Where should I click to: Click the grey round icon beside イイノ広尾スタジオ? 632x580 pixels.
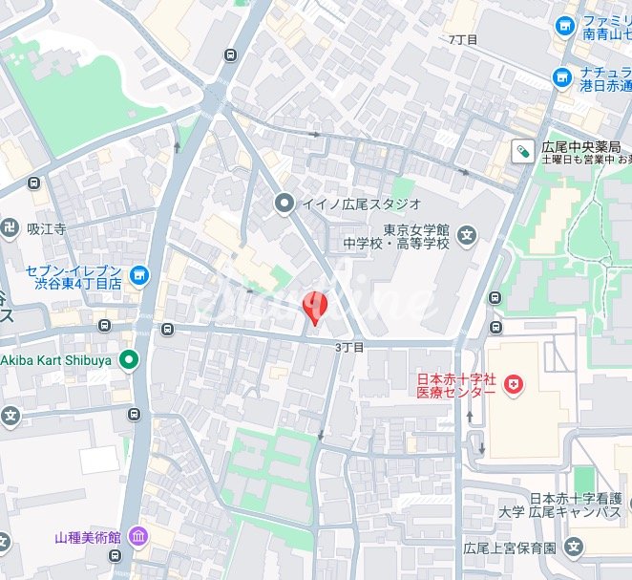click(x=284, y=203)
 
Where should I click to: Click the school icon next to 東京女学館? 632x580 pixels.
click(x=466, y=234)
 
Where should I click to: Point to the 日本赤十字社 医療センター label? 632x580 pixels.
click(x=454, y=385)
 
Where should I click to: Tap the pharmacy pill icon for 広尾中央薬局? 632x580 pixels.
click(x=523, y=150)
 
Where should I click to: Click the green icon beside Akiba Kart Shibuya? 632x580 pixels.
click(x=129, y=360)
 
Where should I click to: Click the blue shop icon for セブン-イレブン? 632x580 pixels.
click(x=140, y=276)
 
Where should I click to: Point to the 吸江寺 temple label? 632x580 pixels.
click(x=45, y=229)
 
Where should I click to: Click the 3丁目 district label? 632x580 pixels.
click(x=349, y=348)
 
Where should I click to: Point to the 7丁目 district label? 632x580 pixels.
click(x=463, y=39)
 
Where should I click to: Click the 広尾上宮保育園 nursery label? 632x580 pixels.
click(x=510, y=548)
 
